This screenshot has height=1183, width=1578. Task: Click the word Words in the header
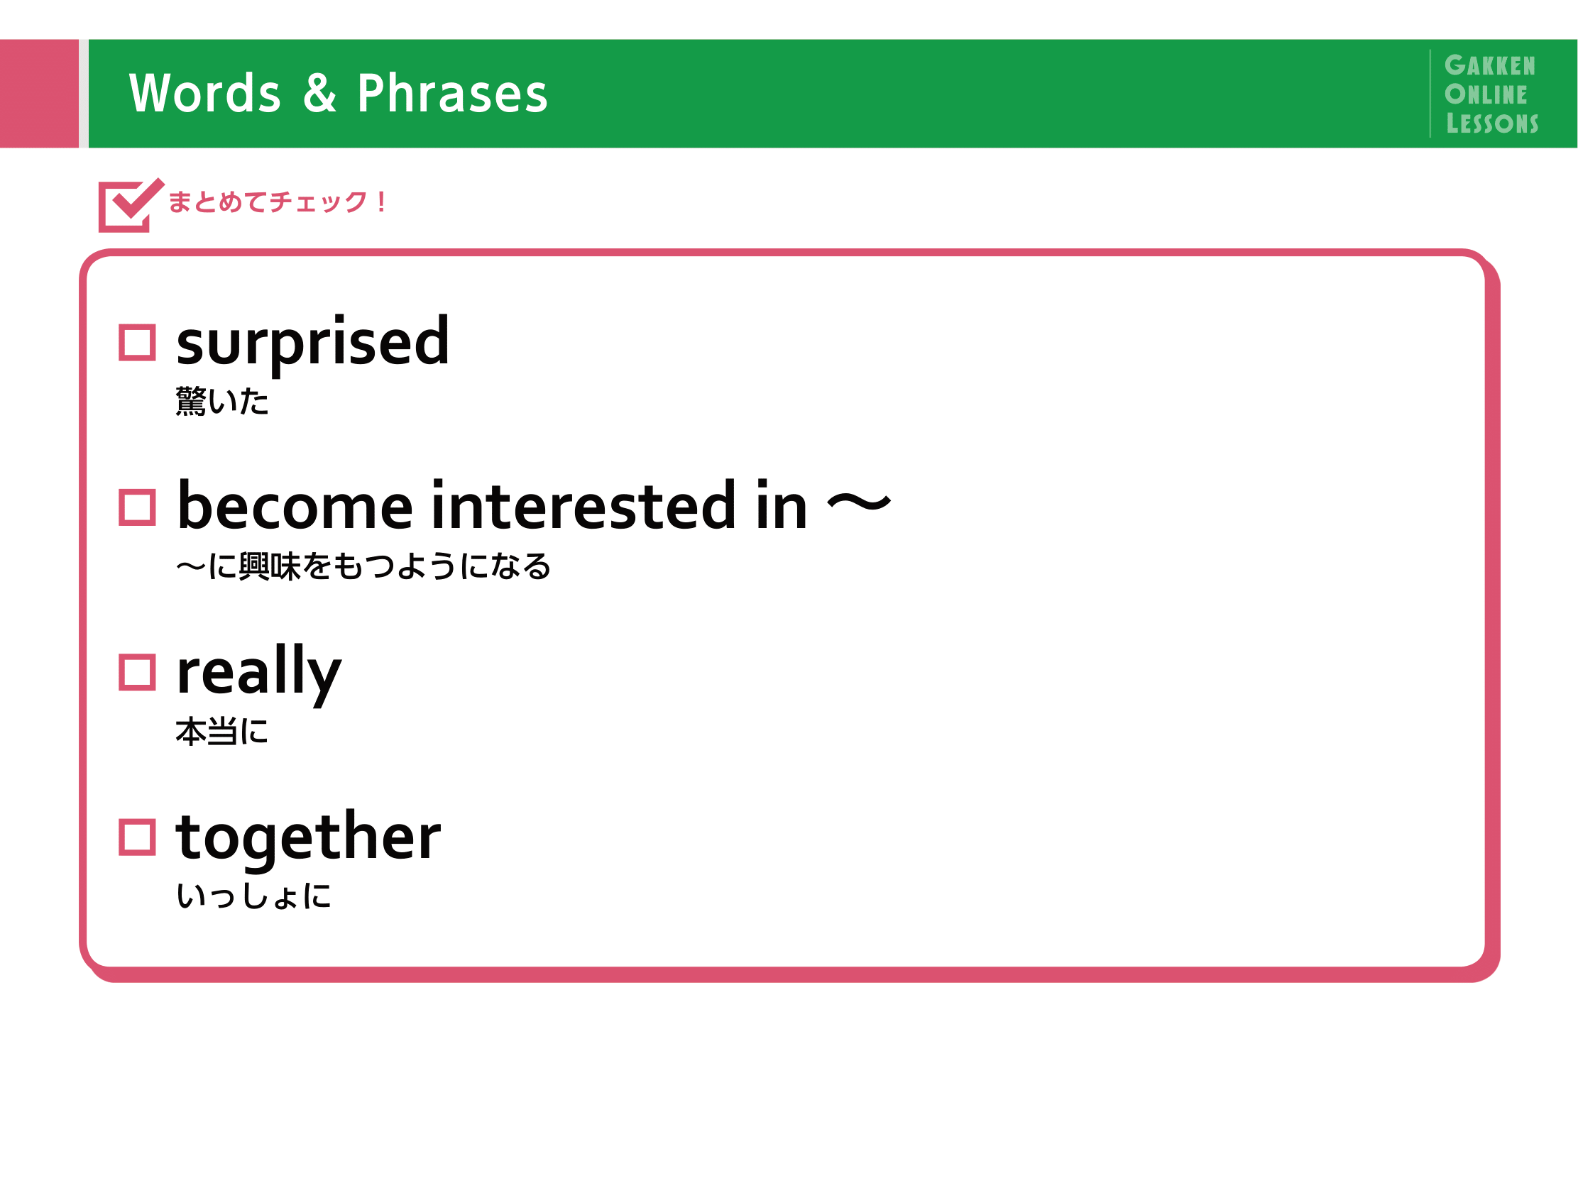coord(204,94)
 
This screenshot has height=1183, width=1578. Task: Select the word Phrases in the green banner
coord(452,94)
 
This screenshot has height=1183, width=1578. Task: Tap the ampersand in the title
coord(319,93)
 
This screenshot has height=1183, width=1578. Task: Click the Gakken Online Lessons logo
coord(1491,94)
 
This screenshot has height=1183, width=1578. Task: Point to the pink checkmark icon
coord(131,205)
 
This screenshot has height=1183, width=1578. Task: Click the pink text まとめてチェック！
coord(278,202)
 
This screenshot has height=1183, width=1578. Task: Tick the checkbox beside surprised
coord(137,343)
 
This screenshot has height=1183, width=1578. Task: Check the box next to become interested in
coord(137,507)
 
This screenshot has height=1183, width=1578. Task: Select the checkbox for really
coord(137,673)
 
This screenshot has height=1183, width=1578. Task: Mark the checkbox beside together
coord(137,837)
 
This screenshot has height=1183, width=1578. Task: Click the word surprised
coord(313,345)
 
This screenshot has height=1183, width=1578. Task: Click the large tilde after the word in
coord(860,504)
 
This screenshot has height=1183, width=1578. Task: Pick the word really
coord(259,675)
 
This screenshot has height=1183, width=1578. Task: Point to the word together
coord(308,840)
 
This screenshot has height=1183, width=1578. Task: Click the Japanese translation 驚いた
coord(222,401)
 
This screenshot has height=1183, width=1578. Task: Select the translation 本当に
coord(222,732)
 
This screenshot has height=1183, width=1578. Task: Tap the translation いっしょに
coord(254,896)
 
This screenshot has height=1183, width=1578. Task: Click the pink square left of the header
coord(39,94)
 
